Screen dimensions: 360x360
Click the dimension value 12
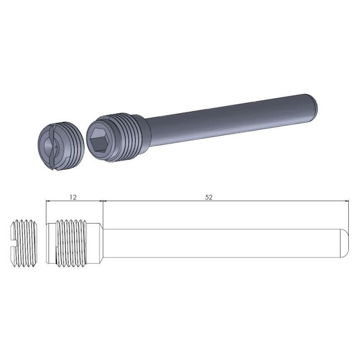(x=73, y=197)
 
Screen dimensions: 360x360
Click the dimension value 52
(x=208, y=197)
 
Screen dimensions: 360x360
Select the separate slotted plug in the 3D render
(x=60, y=146)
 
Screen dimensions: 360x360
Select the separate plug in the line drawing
(x=24, y=243)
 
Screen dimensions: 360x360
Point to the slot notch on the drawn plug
(x=13, y=243)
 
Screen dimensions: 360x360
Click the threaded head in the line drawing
(x=72, y=243)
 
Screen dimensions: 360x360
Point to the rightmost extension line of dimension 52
(x=349, y=216)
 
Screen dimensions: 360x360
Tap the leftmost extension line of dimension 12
(x=46, y=211)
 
